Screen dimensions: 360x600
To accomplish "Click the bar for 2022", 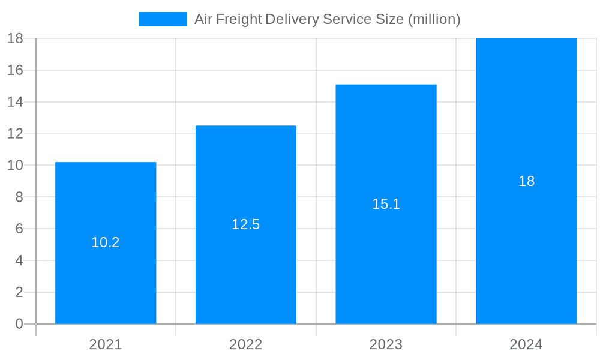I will pyautogui.click(x=246, y=270).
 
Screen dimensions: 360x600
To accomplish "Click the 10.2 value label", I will pyautogui.click(x=106, y=242).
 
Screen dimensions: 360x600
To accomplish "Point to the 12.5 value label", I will pyautogui.click(x=246, y=224).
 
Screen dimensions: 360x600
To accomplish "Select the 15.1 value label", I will pyautogui.click(x=386, y=204).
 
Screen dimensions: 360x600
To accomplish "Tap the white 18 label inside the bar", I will pyautogui.click(x=526, y=181).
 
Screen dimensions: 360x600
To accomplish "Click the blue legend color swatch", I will pyautogui.click(x=163, y=19).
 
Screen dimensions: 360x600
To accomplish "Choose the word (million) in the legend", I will pyautogui.click(x=434, y=19).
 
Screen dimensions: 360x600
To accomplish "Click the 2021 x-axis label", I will pyautogui.click(x=106, y=344).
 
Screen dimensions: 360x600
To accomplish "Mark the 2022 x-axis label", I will pyautogui.click(x=246, y=344).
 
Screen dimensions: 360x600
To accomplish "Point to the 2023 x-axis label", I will pyautogui.click(x=386, y=344).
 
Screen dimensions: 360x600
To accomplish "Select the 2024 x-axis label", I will pyautogui.click(x=526, y=344).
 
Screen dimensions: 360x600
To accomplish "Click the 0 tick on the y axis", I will pyautogui.click(x=19, y=324).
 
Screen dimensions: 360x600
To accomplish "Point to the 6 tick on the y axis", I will pyautogui.click(x=19, y=229).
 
